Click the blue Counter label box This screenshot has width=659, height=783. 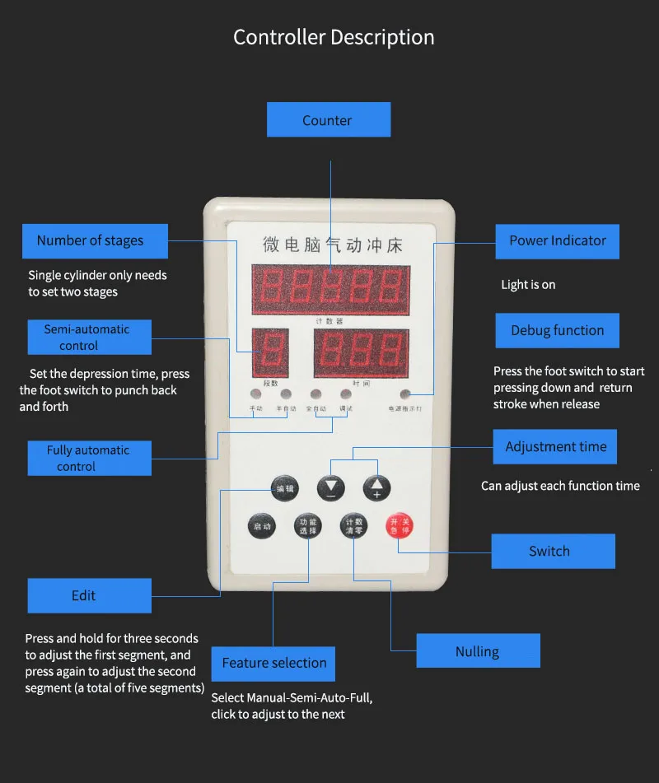(x=328, y=120)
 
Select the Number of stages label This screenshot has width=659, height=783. (x=95, y=241)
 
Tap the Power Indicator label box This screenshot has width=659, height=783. (x=557, y=241)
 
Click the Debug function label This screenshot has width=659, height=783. (x=557, y=330)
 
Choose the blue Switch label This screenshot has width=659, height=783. (x=553, y=551)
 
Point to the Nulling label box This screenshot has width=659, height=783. (x=478, y=650)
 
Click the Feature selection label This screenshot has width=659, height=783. (x=273, y=663)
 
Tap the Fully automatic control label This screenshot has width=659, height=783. (x=89, y=458)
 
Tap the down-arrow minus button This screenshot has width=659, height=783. (x=331, y=487)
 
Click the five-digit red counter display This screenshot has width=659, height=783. (x=330, y=290)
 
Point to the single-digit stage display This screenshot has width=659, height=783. (x=270, y=352)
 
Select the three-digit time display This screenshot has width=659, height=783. (x=361, y=352)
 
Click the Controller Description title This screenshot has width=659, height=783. (x=334, y=37)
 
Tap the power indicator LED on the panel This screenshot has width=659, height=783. (x=404, y=394)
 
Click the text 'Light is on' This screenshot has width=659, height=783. (x=528, y=285)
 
